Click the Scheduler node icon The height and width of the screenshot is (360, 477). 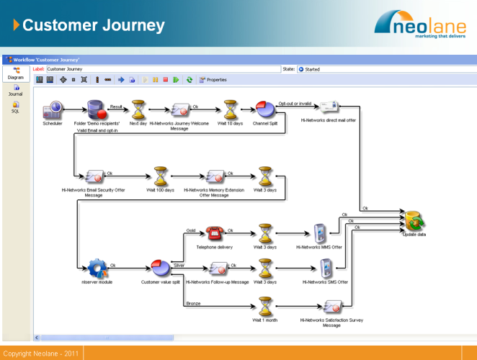point(53,111)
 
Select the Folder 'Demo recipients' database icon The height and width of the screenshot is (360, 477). point(96,110)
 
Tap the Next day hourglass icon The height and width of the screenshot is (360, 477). point(138,109)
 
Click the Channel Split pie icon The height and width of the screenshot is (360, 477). point(265,109)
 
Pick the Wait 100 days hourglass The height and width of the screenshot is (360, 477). point(161,177)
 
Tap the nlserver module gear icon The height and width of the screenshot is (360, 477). point(97,269)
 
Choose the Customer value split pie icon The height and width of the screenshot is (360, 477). point(160,269)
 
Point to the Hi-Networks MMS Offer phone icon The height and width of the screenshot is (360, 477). point(320,233)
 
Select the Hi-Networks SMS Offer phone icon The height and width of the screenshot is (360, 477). point(325,269)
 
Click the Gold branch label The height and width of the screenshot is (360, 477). point(191,231)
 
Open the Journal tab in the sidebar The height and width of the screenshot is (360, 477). point(16,91)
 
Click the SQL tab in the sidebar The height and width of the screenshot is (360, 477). point(16,107)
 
